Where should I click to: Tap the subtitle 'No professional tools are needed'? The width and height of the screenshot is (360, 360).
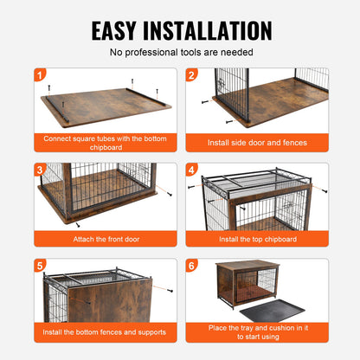pos(180,53)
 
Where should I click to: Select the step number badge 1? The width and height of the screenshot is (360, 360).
pos(39,75)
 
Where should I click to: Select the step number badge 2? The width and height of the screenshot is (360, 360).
pos(191,75)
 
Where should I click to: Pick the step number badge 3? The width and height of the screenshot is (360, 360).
pos(39,170)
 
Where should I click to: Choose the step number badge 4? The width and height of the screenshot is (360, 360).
pos(191,170)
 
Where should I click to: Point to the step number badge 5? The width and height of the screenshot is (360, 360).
pos(39,266)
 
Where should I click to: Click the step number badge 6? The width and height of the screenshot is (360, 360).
pos(191,266)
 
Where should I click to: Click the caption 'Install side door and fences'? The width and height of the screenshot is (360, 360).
pos(256,144)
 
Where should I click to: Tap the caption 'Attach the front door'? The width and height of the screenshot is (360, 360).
pos(104,238)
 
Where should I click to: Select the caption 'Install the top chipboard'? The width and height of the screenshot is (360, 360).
pos(256,238)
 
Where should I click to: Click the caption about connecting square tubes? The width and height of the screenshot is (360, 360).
pos(104,140)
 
